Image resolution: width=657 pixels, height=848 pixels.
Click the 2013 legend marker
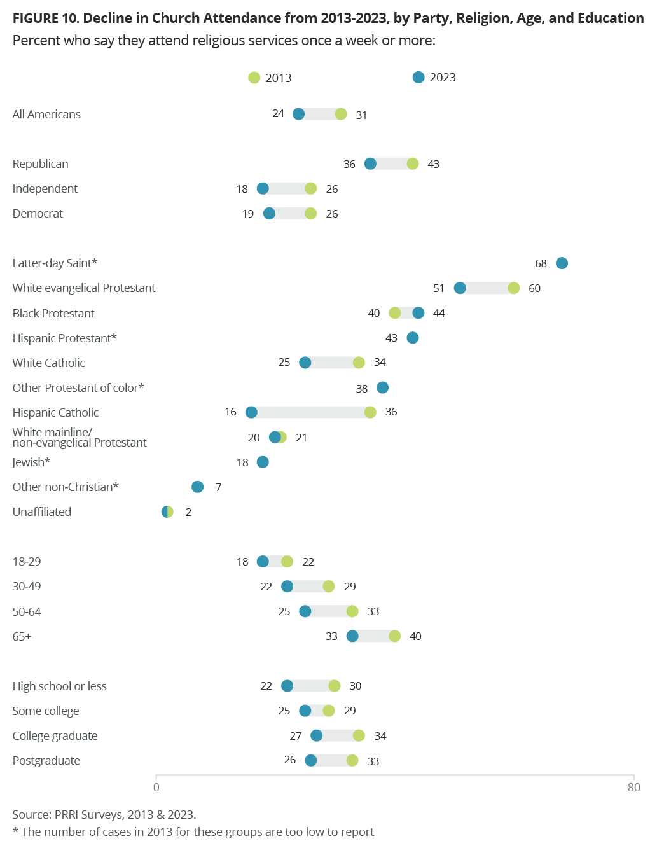tap(254, 78)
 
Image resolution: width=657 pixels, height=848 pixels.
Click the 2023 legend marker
tap(418, 78)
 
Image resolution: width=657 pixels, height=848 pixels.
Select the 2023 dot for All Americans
tap(298, 114)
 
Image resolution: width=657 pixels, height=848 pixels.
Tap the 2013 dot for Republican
tap(413, 164)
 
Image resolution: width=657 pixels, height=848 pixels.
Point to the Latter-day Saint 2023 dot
tap(562, 263)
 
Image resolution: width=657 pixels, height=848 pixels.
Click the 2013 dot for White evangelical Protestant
tap(514, 288)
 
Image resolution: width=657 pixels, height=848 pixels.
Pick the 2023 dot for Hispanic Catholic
tap(251, 412)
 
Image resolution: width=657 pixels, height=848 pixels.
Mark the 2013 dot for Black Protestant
tap(395, 313)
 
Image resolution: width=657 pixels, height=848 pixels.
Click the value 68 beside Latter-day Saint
tap(541, 263)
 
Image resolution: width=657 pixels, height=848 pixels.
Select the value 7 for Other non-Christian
tap(218, 487)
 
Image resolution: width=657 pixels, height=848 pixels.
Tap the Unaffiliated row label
tap(42, 512)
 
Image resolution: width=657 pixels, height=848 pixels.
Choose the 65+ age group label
tap(22, 637)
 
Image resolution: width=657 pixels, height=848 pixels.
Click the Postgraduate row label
tap(46, 761)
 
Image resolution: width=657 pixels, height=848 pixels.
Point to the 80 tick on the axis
tap(633, 788)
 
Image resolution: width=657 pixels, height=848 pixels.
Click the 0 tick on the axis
tap(156, 788)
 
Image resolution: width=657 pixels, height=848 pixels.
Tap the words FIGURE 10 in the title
tap(45, 18)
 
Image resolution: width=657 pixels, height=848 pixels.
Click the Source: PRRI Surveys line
tap(104, 815)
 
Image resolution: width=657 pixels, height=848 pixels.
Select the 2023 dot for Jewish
tap(263, 462)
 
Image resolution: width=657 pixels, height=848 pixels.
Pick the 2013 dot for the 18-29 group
tap(287, 562)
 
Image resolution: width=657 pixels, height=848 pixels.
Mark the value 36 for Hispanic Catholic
tap(391, 412)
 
